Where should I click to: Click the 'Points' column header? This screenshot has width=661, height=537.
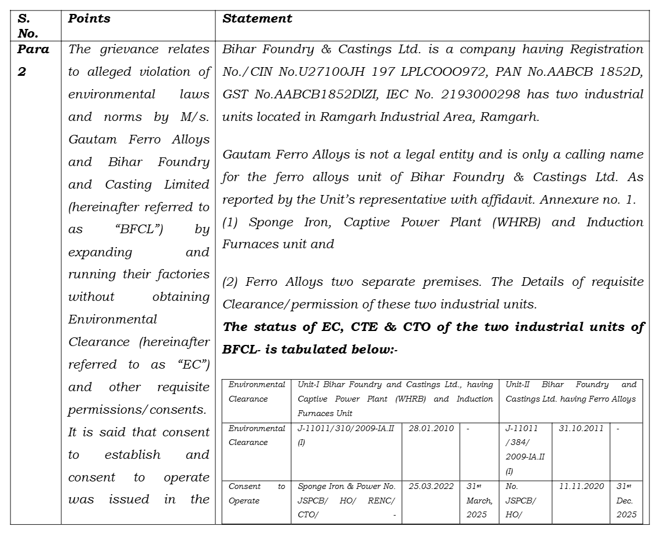[89, 19]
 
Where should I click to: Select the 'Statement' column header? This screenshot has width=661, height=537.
[257, 19]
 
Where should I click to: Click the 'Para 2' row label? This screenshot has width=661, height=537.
[32, 60]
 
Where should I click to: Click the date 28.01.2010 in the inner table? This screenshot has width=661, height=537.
[430, 429]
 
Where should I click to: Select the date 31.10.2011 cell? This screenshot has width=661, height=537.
[581, 429]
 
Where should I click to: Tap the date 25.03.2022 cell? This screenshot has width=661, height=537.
[430, 487]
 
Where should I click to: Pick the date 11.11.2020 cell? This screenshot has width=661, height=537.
[581, 487]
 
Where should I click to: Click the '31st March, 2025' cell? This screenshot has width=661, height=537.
[479, 500]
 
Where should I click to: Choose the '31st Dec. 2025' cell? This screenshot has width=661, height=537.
[626, 500]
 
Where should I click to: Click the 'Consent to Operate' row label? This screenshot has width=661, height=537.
[256, 494]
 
